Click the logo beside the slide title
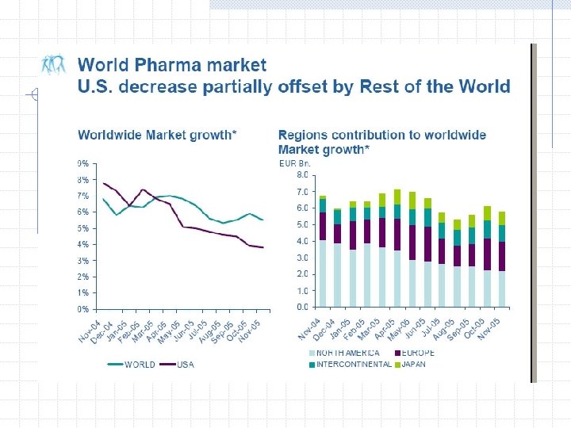point(54,66)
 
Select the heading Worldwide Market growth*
point(156,135)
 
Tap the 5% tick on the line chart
point(82,228)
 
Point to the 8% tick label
point(82,179)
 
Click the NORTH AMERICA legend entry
point(347,353)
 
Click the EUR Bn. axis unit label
point(294,163)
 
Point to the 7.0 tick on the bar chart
point(302,192)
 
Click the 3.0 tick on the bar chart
point(302,258)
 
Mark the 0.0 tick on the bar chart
point(302,307)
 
